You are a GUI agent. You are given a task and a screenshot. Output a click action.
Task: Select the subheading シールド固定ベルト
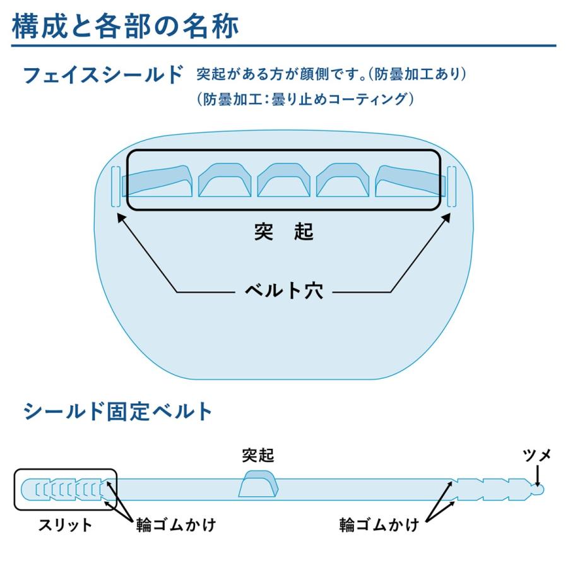(118, 411)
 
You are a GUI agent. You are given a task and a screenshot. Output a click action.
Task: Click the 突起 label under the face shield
(284, 232)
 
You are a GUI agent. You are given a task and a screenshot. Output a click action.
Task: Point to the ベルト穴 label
(284, 292)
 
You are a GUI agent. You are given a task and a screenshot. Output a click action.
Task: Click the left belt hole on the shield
(115, 187)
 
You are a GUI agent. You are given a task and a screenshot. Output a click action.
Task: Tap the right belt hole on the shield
(452, 187)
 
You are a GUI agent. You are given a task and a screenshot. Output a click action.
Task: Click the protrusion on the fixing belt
(259, 485)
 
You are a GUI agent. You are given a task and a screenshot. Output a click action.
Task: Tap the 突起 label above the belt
(258, 455)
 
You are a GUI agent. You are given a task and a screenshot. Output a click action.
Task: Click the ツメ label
(537, 454)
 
